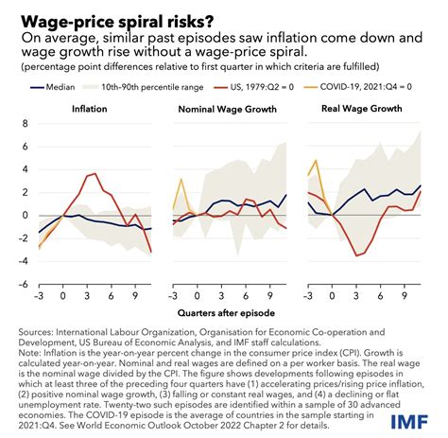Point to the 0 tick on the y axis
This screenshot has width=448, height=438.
(x=22, y=215)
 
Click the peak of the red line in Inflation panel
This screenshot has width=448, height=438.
(x=116, y=174)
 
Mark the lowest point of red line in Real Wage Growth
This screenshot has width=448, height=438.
(x=357, y=255)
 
